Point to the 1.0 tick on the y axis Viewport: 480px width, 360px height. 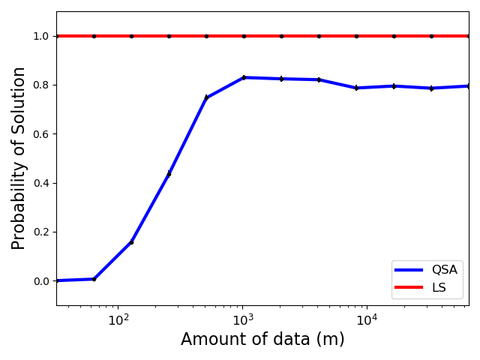pos(40,36)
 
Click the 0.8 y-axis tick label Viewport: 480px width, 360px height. pos(40,85)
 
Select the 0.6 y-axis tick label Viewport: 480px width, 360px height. pos(40,134)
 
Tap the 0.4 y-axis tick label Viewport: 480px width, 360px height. pos(40,183)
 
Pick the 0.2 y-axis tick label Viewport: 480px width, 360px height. pos(40,232)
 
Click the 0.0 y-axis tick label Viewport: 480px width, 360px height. pos(40,281)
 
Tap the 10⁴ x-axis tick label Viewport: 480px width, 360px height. pos(366,319)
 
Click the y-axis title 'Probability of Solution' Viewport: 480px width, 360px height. pos(19,158)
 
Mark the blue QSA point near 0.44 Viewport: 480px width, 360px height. pos(169,173)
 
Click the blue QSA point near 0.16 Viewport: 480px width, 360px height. pos(131,241)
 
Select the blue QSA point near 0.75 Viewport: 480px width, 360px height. pos(206,97)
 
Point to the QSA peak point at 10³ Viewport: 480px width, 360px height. pos(244,77)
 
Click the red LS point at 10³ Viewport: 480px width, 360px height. pos(244,36)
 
